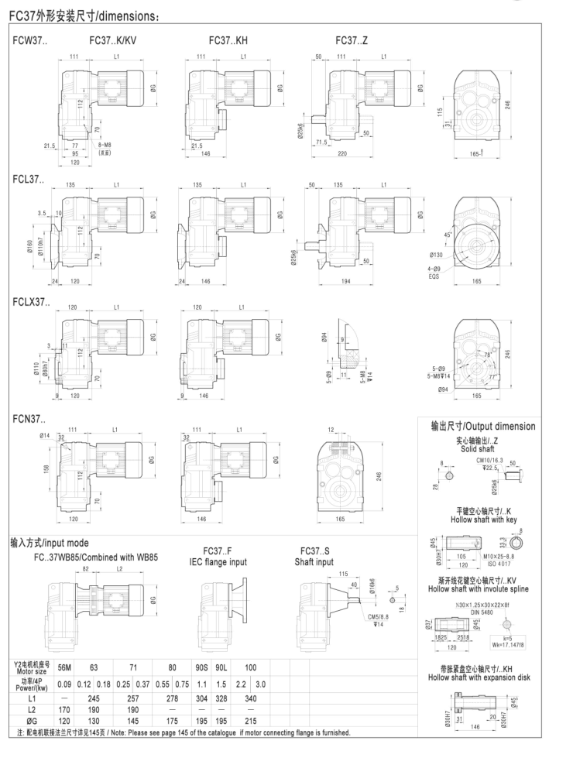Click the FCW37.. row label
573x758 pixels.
click(x=29, y=39)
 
